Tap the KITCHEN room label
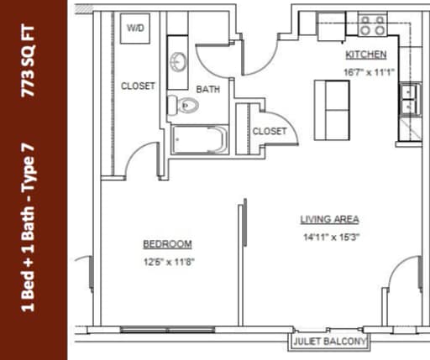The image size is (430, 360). [365, 55]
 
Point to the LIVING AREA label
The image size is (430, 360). [330, 220]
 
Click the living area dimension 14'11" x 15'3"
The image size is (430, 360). [330, 237]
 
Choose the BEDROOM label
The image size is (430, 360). [167, 244]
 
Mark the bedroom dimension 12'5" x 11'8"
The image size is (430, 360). [167, 261]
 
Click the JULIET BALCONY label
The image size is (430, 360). [330, 342]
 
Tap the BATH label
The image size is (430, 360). [207, 89]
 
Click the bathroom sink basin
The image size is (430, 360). [179, 63]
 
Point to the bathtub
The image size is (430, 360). [199, 138]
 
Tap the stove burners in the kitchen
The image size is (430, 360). [372, 26]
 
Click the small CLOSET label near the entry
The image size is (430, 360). [270, 132]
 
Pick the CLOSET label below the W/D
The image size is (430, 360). [138, 86]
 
